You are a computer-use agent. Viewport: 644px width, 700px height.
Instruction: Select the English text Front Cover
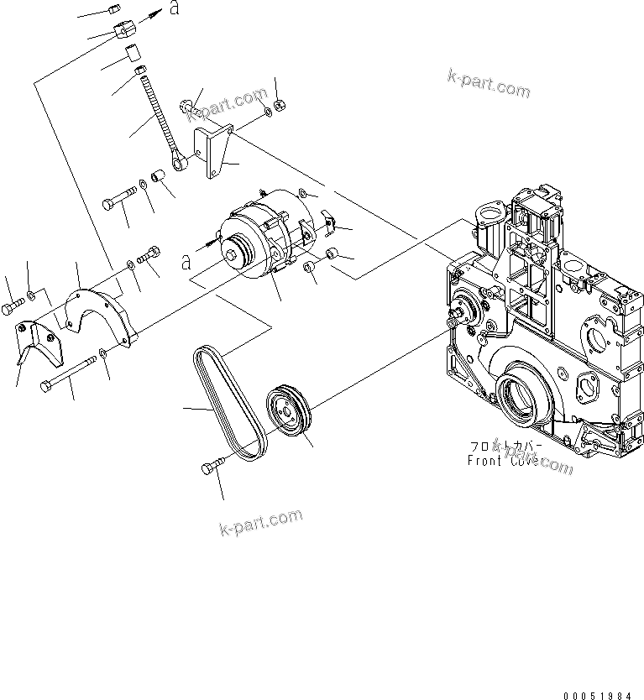point(503,461)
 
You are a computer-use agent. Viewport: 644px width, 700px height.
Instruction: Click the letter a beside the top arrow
point(174,9)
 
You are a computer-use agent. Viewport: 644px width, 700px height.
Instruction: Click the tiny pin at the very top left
point(115,10)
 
